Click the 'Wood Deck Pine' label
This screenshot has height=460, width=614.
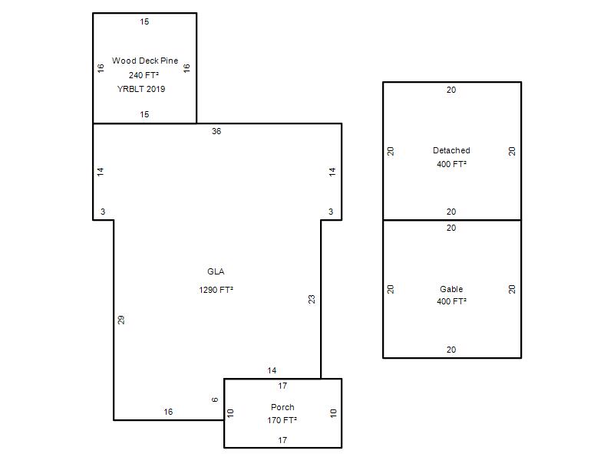pos(145,61)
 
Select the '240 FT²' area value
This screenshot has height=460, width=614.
pos(144,75)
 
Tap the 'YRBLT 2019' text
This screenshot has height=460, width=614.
pos(141,89)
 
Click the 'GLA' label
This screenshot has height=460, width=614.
pos(216,271)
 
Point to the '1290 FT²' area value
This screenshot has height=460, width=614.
pos(216,290)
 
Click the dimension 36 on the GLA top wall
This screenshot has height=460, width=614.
pos(216,131)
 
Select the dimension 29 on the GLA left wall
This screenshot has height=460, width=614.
pos(121,320)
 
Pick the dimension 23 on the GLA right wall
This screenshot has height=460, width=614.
pos(312,299)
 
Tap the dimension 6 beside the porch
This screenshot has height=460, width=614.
pos(215,399)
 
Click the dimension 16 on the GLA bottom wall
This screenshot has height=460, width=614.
pos(168,412)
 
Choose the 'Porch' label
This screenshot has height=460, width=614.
pos(282,407)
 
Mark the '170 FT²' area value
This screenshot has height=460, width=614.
pos(282,420)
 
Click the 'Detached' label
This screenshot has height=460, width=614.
pos(451,150)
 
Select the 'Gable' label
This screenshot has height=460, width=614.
pos(451,289)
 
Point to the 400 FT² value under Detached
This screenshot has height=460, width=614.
pos(451,164)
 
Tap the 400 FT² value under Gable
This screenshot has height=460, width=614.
pos(451,301)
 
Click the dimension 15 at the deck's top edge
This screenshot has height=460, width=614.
pos(144,22)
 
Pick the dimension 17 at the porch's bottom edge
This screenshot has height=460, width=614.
pos(282,440)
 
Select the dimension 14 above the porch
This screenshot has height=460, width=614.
pos(272,370)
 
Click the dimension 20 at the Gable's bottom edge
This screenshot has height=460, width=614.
pos(451,350)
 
